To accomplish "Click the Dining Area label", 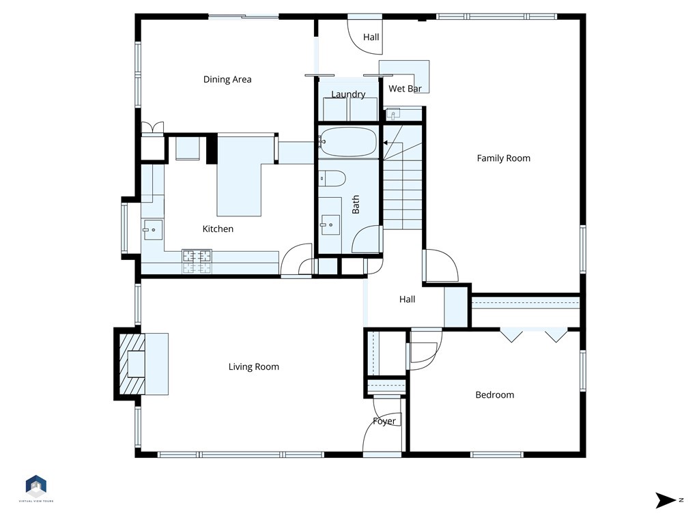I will click(227, 79).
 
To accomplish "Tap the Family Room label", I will click(503, 158).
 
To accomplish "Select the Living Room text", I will click(253, 367).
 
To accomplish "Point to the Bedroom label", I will click(494, 395).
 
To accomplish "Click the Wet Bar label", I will click(404, 89).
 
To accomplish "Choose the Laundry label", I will click(348, 94).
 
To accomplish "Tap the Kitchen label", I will click(218, 229).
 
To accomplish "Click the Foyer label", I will click(384, 422).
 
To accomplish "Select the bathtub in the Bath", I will click(347, 142).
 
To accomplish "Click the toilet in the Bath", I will click(332, 178).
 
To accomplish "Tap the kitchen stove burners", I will click(197, 257).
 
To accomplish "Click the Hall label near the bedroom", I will click(407, 299).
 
